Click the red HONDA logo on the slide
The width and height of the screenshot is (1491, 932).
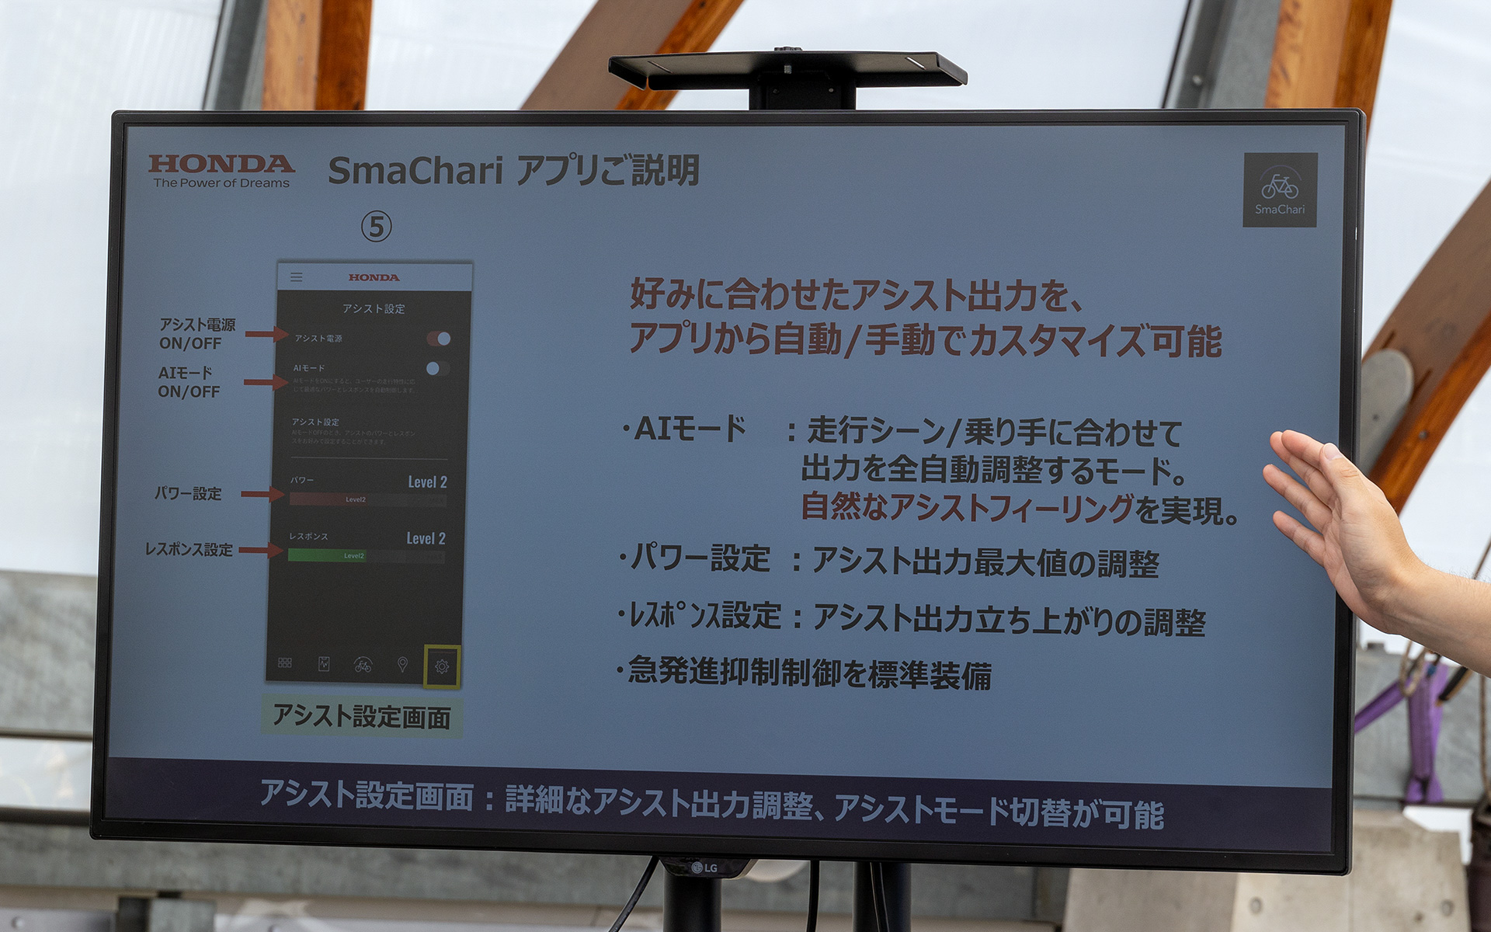pos(221,165)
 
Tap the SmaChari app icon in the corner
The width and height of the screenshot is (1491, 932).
pos(1279,190)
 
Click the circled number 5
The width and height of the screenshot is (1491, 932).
pos(377,227)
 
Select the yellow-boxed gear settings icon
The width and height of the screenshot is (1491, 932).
pos(442,666)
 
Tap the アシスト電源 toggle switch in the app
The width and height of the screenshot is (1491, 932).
pos(439,339)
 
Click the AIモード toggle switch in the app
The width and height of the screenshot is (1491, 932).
pos(437,368)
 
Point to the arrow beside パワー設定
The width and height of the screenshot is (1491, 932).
pos(262,494)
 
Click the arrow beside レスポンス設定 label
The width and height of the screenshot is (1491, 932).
pos(260,551)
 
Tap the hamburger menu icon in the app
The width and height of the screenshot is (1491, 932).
pos(297,277)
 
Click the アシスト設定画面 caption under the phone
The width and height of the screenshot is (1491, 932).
pos(362,717)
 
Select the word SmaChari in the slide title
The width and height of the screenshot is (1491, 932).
pos(415,171)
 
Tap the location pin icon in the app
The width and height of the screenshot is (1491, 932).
pos(402,665)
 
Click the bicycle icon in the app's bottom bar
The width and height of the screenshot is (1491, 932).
pos(363,665)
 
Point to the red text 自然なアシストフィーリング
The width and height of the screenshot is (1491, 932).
pos(967,508)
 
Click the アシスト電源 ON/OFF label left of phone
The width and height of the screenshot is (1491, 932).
pos(196,334)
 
